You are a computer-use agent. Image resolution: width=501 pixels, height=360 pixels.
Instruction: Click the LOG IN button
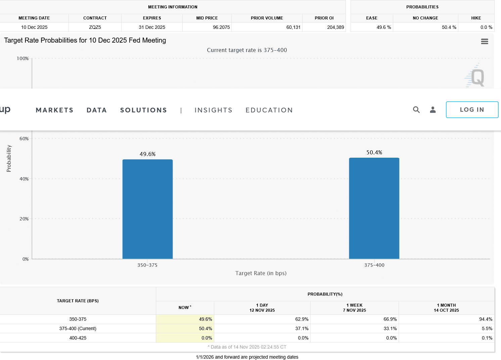tap(472, 110)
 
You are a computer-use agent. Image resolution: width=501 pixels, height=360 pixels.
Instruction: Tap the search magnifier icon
tap(416, 110)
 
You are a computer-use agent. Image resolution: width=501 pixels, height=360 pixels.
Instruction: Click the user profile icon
tap(433, 110)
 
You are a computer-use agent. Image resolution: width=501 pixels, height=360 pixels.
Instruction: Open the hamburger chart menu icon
tap(485, 42)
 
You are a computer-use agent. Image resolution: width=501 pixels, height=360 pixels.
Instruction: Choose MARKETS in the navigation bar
tap(54, 110)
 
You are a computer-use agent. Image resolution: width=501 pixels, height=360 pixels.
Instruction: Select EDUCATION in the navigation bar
tap(269, 110)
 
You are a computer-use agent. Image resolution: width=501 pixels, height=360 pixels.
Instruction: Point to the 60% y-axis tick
tap(24, 139)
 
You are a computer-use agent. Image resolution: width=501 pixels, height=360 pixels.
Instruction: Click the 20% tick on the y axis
tap(24, 219)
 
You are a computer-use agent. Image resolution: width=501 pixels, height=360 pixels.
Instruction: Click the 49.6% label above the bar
tap(147, 154)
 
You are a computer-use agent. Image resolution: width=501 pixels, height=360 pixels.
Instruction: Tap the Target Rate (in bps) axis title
tap(261, 273)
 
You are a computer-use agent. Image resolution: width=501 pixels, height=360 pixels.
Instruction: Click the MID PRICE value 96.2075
tap(221, 27)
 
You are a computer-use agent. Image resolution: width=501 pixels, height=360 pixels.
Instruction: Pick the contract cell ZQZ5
tap(95, 27)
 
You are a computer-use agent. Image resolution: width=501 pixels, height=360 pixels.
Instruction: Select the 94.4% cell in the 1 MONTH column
tap(486, 319)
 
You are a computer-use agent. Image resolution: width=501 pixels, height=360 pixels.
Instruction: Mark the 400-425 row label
tap(78, 338)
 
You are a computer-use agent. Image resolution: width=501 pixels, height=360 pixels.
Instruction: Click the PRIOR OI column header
tap(324, 18)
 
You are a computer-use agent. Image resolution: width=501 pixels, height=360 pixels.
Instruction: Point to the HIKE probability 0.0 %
tap(486, 27)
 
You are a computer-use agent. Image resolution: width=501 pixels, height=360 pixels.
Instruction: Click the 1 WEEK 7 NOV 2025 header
tap(354, 308)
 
